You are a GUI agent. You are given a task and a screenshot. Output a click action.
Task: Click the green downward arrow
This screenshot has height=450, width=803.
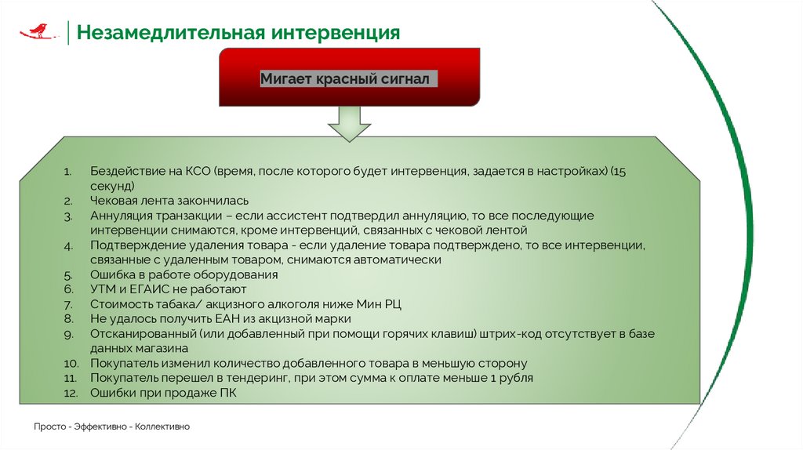349,123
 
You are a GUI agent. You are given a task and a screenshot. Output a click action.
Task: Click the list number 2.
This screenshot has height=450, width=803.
68,201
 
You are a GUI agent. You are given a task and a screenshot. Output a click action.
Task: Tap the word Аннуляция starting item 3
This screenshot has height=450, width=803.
122,216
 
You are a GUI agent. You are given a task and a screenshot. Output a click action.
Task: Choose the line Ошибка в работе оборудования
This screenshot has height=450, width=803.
184,275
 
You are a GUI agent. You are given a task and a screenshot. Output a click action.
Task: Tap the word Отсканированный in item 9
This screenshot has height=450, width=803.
143,334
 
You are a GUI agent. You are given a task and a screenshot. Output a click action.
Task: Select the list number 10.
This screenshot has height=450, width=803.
71,364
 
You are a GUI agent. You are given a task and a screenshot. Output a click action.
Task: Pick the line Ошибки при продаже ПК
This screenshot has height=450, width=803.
162,393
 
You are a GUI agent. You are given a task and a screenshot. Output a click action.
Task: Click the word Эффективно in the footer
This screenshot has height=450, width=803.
102,426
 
